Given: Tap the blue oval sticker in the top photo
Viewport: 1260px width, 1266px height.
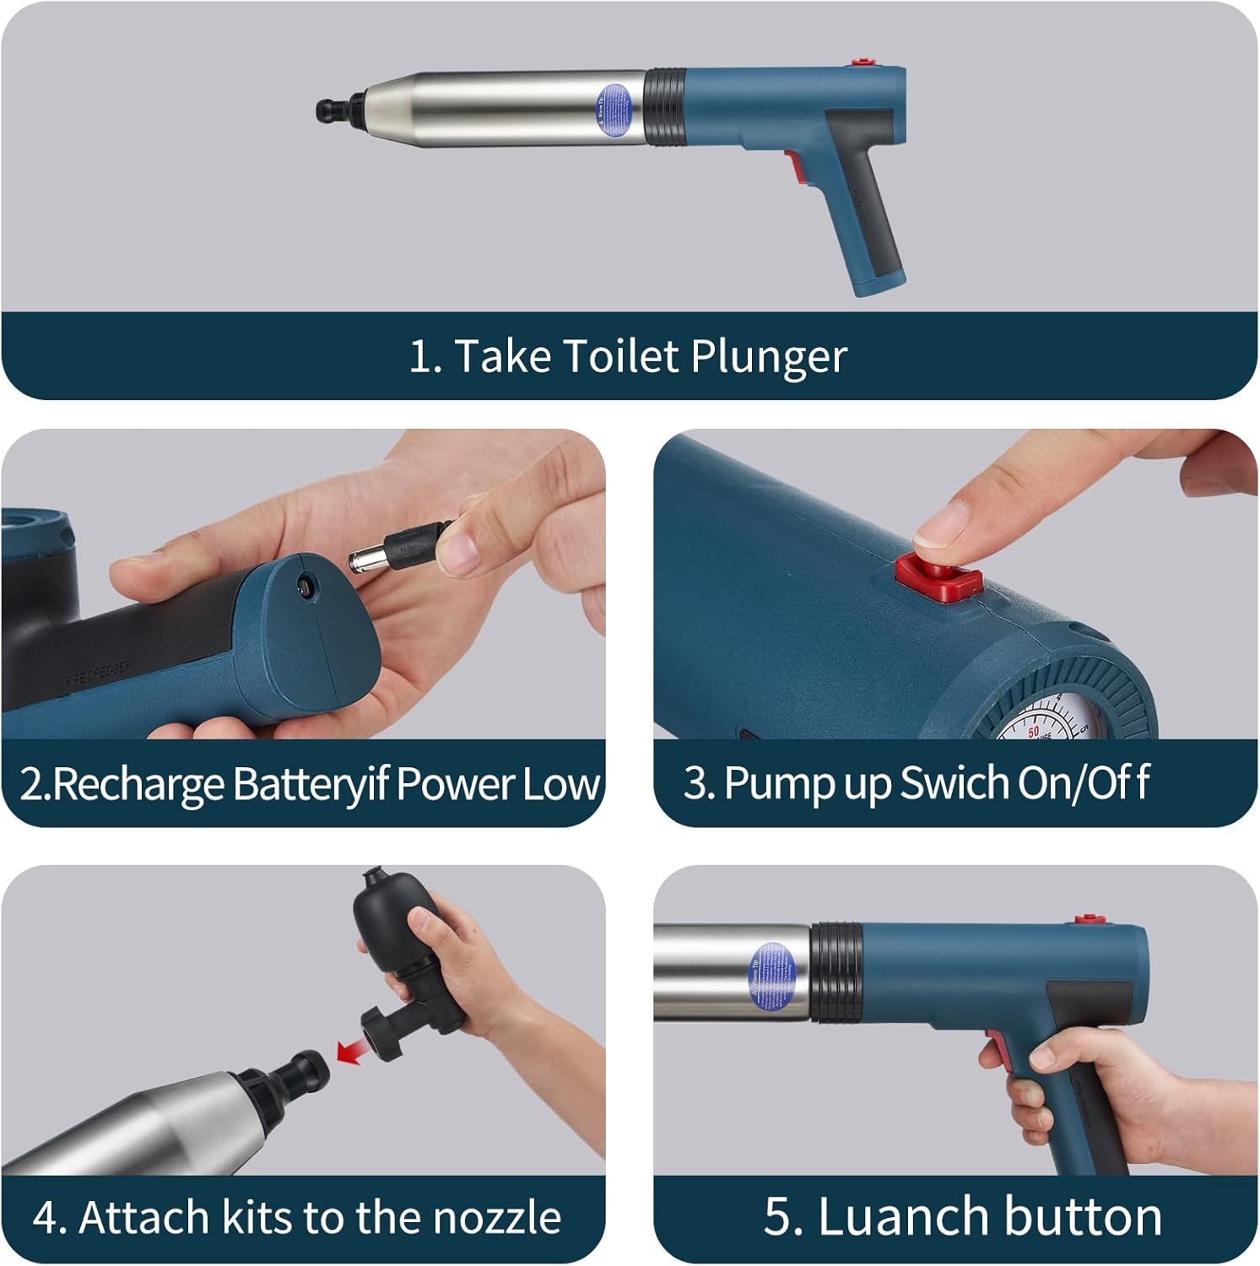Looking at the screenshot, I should click(614, 109).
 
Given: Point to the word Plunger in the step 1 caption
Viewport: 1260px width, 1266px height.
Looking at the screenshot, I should click(768, 356).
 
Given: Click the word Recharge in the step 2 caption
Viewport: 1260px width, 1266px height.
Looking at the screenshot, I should click(139, 784).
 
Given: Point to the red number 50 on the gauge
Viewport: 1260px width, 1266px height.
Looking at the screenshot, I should click(1033, 731).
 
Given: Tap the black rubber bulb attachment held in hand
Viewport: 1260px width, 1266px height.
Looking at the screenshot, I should click(384, 922).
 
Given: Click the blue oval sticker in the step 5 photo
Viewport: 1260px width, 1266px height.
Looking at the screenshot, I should click(772, 976).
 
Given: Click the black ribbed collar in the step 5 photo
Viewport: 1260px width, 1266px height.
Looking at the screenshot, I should click(837, 972).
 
